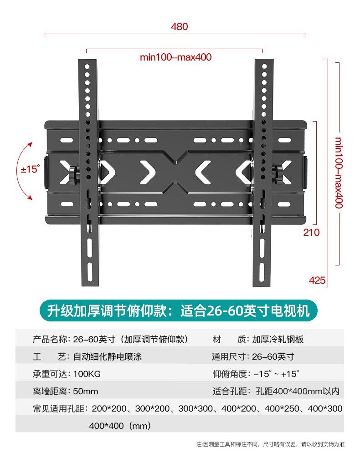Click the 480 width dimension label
179,26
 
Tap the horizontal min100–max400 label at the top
175,57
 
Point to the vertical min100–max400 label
338,173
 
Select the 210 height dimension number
312,233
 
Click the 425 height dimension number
317,280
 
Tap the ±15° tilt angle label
31,169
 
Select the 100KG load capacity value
87,374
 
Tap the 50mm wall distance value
85,391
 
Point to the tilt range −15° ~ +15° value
276,374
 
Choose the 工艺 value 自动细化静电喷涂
107,356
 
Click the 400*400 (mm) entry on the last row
119,426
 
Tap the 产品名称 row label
50,340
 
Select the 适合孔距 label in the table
230,391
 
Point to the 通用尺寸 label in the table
230,356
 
